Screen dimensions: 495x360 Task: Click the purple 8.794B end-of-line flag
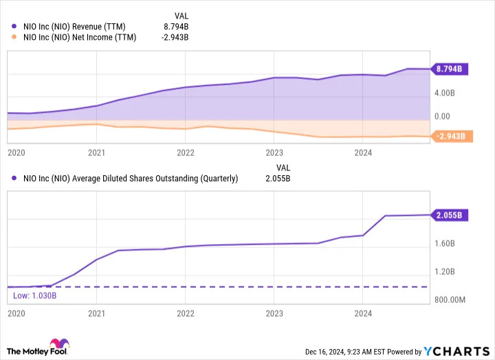450,69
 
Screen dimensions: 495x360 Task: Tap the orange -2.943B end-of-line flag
452,136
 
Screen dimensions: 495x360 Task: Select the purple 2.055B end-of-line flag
450,215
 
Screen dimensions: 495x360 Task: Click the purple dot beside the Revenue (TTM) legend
14,26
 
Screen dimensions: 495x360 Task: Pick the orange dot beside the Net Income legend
14,37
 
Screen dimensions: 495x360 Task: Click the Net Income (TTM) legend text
80,37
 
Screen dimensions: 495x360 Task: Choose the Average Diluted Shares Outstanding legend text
131,179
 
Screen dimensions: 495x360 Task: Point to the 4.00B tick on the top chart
445,93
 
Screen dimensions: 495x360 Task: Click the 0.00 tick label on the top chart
442,116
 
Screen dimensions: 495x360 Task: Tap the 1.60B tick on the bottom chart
445,244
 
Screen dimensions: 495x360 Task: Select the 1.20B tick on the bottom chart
445,271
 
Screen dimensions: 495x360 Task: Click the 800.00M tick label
450,300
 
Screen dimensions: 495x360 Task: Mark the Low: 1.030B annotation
35,295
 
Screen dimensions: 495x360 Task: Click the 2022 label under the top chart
186,153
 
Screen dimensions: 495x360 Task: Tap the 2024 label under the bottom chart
363,313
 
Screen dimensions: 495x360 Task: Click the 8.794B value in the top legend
176,27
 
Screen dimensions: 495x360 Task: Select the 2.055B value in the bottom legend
278,179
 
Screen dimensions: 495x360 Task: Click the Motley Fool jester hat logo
60,344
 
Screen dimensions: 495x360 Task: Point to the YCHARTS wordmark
456,351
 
